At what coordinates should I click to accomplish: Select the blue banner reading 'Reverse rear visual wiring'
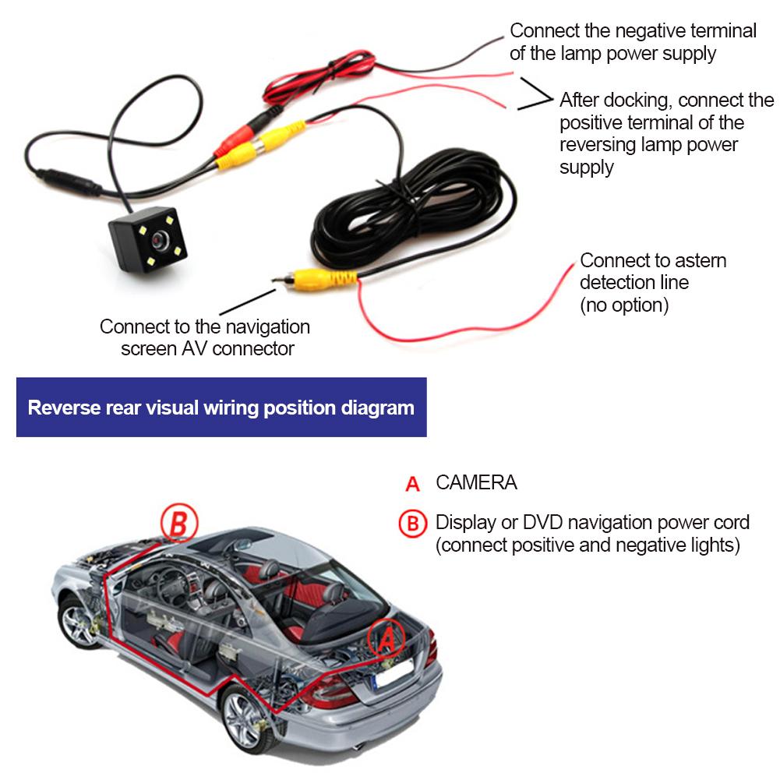tap(221, 408)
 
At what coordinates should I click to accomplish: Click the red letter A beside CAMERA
tap(413, 484)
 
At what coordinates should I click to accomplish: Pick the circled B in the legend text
tap(413, 523)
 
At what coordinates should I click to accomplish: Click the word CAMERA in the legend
tap(476, 482)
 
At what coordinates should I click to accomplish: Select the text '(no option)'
tap(624, 305)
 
